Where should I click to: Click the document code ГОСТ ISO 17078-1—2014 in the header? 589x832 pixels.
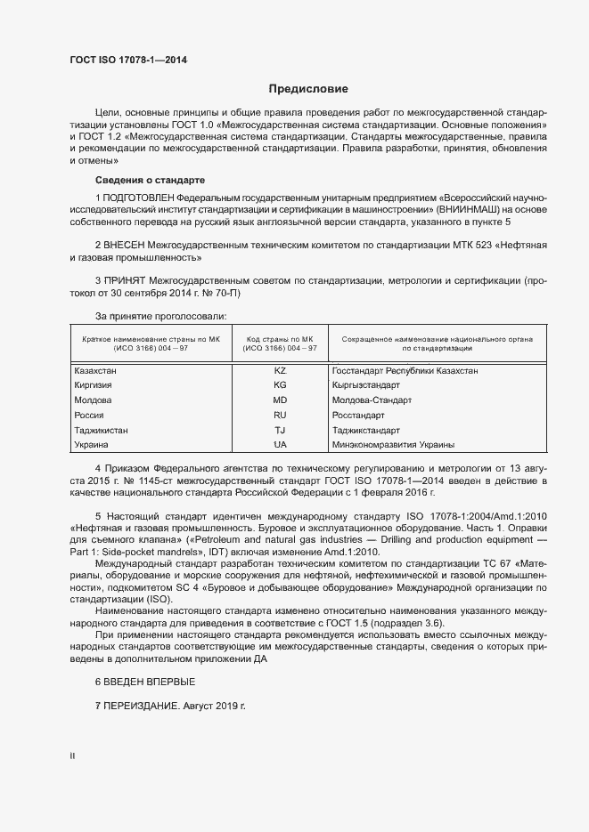[128, 61]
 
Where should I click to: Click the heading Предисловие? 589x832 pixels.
[308, 89]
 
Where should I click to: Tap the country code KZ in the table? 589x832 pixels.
[280, 370]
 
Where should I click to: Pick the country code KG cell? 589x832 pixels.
[280, 385]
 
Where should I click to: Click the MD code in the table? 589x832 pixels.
[280, 400]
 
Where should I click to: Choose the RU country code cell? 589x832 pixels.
[280, 415]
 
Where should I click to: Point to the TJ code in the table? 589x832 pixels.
[280, 430]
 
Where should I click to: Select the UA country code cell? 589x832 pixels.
[280, 444]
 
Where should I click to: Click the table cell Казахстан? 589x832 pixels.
[95, 370]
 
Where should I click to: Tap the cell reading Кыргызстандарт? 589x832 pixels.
[365, 385]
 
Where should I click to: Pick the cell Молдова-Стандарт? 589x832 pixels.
[371, 400]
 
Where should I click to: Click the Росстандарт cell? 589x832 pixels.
[357, 415]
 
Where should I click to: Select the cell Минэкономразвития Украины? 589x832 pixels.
[392, 444]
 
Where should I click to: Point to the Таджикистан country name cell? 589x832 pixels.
[101, 430]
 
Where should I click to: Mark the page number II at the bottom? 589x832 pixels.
[72, 755]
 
